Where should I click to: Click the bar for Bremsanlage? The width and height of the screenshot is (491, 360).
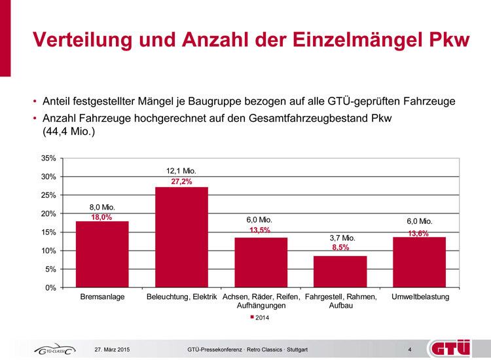pyautogui.click(x=102, y=254)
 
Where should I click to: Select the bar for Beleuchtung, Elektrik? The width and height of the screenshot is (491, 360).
pyautogui.click(x=181, y=237)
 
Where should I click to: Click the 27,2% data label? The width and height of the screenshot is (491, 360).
pyautogui.click(x=181, y=181)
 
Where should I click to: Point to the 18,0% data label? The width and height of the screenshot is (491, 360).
pyautogui.click(x=102, y=217)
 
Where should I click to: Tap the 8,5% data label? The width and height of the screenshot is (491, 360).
pyautogui.click(x=340, y=248)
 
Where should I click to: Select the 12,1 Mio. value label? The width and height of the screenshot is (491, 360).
pyautogui.click(x=181, y=171)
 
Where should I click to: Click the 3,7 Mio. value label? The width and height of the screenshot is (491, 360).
pyautogui.click(x=342, y=238)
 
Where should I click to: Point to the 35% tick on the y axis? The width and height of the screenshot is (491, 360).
pyautogui.click(x=48, y=158)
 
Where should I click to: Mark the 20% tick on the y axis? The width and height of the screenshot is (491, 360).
pyautogui.click(x=48, y=214)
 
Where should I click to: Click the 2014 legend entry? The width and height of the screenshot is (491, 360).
pyautogui.click(x=260, y=317)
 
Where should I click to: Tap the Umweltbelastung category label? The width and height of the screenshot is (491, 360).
pyautogui.click(x=420, y=297)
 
